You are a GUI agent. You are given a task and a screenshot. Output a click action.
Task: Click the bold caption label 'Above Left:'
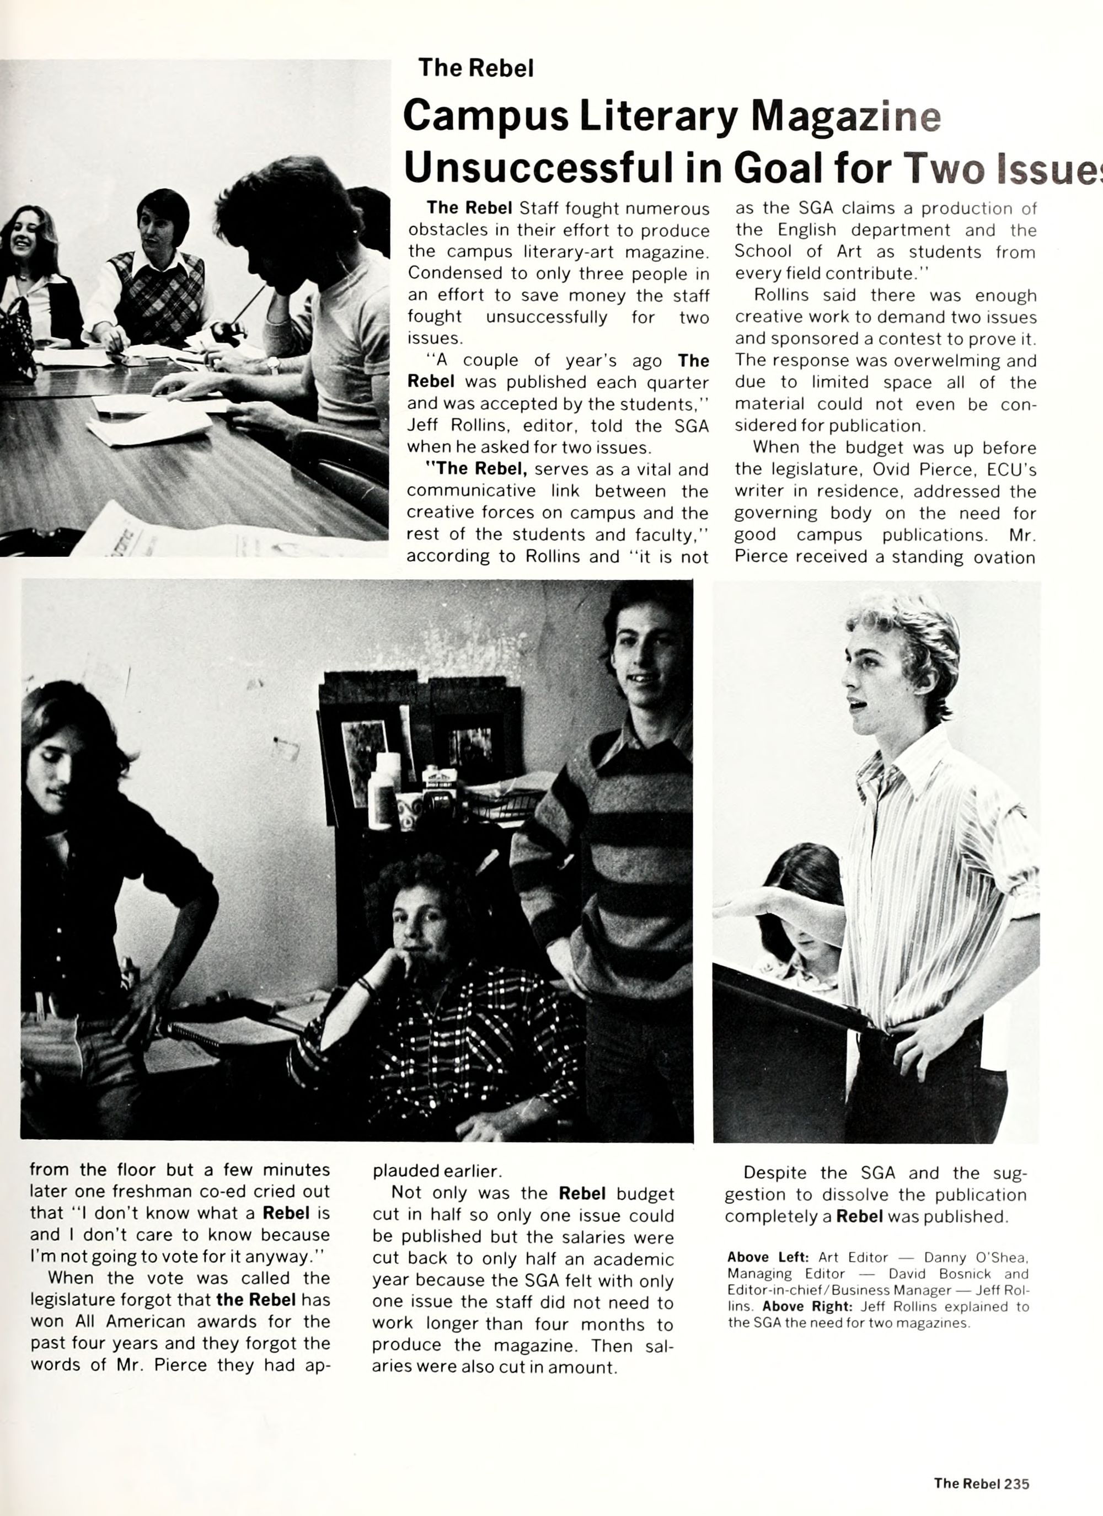pos(768,1257)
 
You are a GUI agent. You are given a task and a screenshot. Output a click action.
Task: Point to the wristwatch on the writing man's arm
pos(272,365)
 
